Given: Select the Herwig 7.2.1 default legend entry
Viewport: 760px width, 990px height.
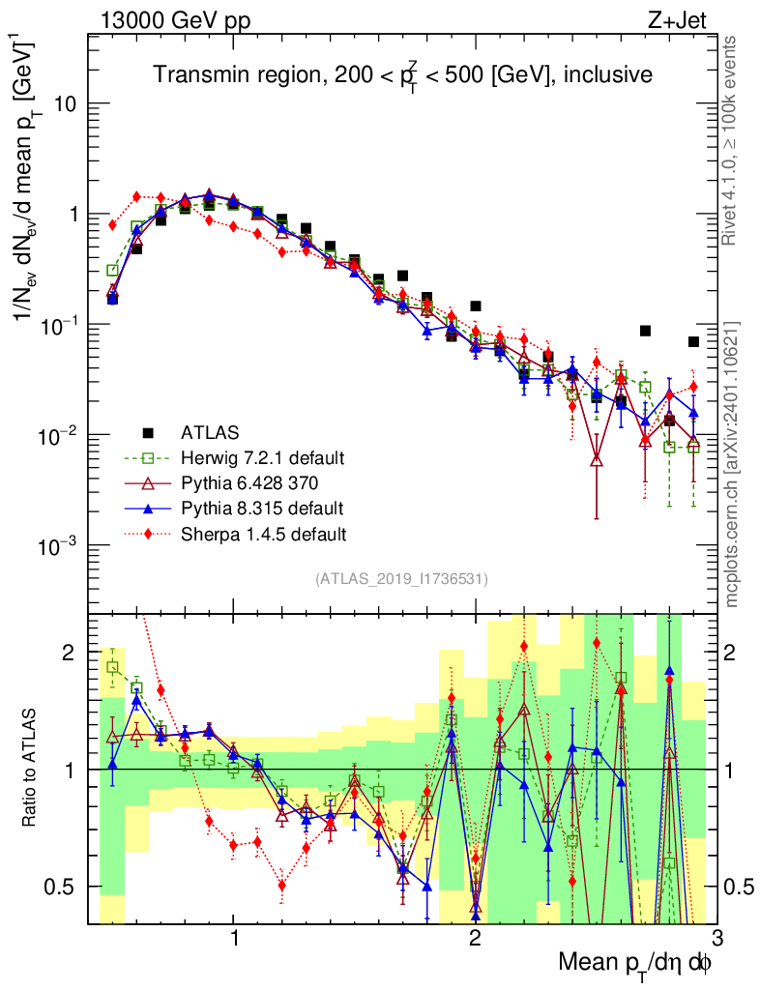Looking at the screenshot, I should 261,457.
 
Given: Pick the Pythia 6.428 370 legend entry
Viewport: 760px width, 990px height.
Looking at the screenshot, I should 251,482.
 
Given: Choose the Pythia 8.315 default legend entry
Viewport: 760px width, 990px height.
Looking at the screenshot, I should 261,508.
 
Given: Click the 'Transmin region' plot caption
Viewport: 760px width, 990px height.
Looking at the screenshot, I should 404,74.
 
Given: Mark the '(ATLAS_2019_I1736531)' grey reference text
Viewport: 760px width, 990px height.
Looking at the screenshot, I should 401,579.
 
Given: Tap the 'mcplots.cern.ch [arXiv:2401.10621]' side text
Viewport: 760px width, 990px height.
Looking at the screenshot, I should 732,464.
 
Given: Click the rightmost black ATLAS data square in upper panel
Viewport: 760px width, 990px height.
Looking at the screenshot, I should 693,341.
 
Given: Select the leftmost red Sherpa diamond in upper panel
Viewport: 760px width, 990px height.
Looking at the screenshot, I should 112,225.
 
